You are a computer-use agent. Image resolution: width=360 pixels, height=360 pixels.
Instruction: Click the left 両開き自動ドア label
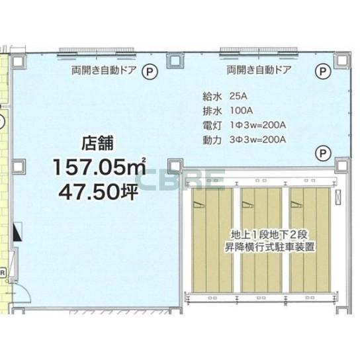tap(103, 69)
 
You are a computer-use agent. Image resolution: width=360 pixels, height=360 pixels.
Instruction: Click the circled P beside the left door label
tap(152, 69)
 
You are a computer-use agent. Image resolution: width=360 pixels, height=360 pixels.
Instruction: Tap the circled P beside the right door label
tap(323, 69)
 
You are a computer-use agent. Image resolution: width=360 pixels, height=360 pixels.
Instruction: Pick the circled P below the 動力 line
tap(322, 153)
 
